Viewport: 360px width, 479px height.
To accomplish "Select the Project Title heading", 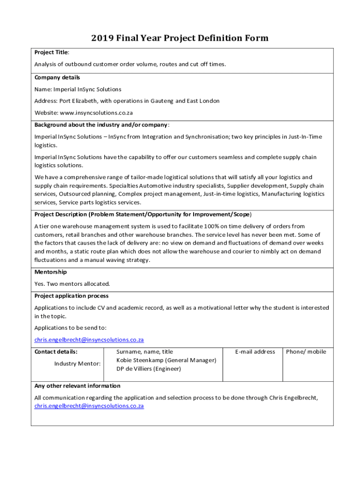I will point(51,52).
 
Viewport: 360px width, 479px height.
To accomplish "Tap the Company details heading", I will point(57,77).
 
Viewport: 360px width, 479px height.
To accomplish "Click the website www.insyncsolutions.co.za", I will point(96,113).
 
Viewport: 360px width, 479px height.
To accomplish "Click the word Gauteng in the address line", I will point(158,101).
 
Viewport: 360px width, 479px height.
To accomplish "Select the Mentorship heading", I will point(50,272).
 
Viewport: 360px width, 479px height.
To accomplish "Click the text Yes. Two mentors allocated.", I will point(72,284).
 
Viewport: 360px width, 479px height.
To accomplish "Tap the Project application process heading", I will point(71,296).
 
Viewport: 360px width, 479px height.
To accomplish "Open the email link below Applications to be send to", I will point(89,340).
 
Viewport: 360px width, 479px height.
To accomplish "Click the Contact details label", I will point(56,352).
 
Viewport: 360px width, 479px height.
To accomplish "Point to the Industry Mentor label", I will point(77,363).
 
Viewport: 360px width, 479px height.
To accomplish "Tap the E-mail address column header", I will point(255,352).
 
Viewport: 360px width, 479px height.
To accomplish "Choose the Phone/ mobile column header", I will point(306,352).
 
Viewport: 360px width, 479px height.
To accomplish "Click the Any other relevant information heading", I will point(77,386).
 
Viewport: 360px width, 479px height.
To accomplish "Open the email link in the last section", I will point(89,406).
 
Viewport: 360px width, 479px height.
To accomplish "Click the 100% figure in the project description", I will point(208,226).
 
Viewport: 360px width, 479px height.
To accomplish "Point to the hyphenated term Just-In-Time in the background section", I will point(305,137).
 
